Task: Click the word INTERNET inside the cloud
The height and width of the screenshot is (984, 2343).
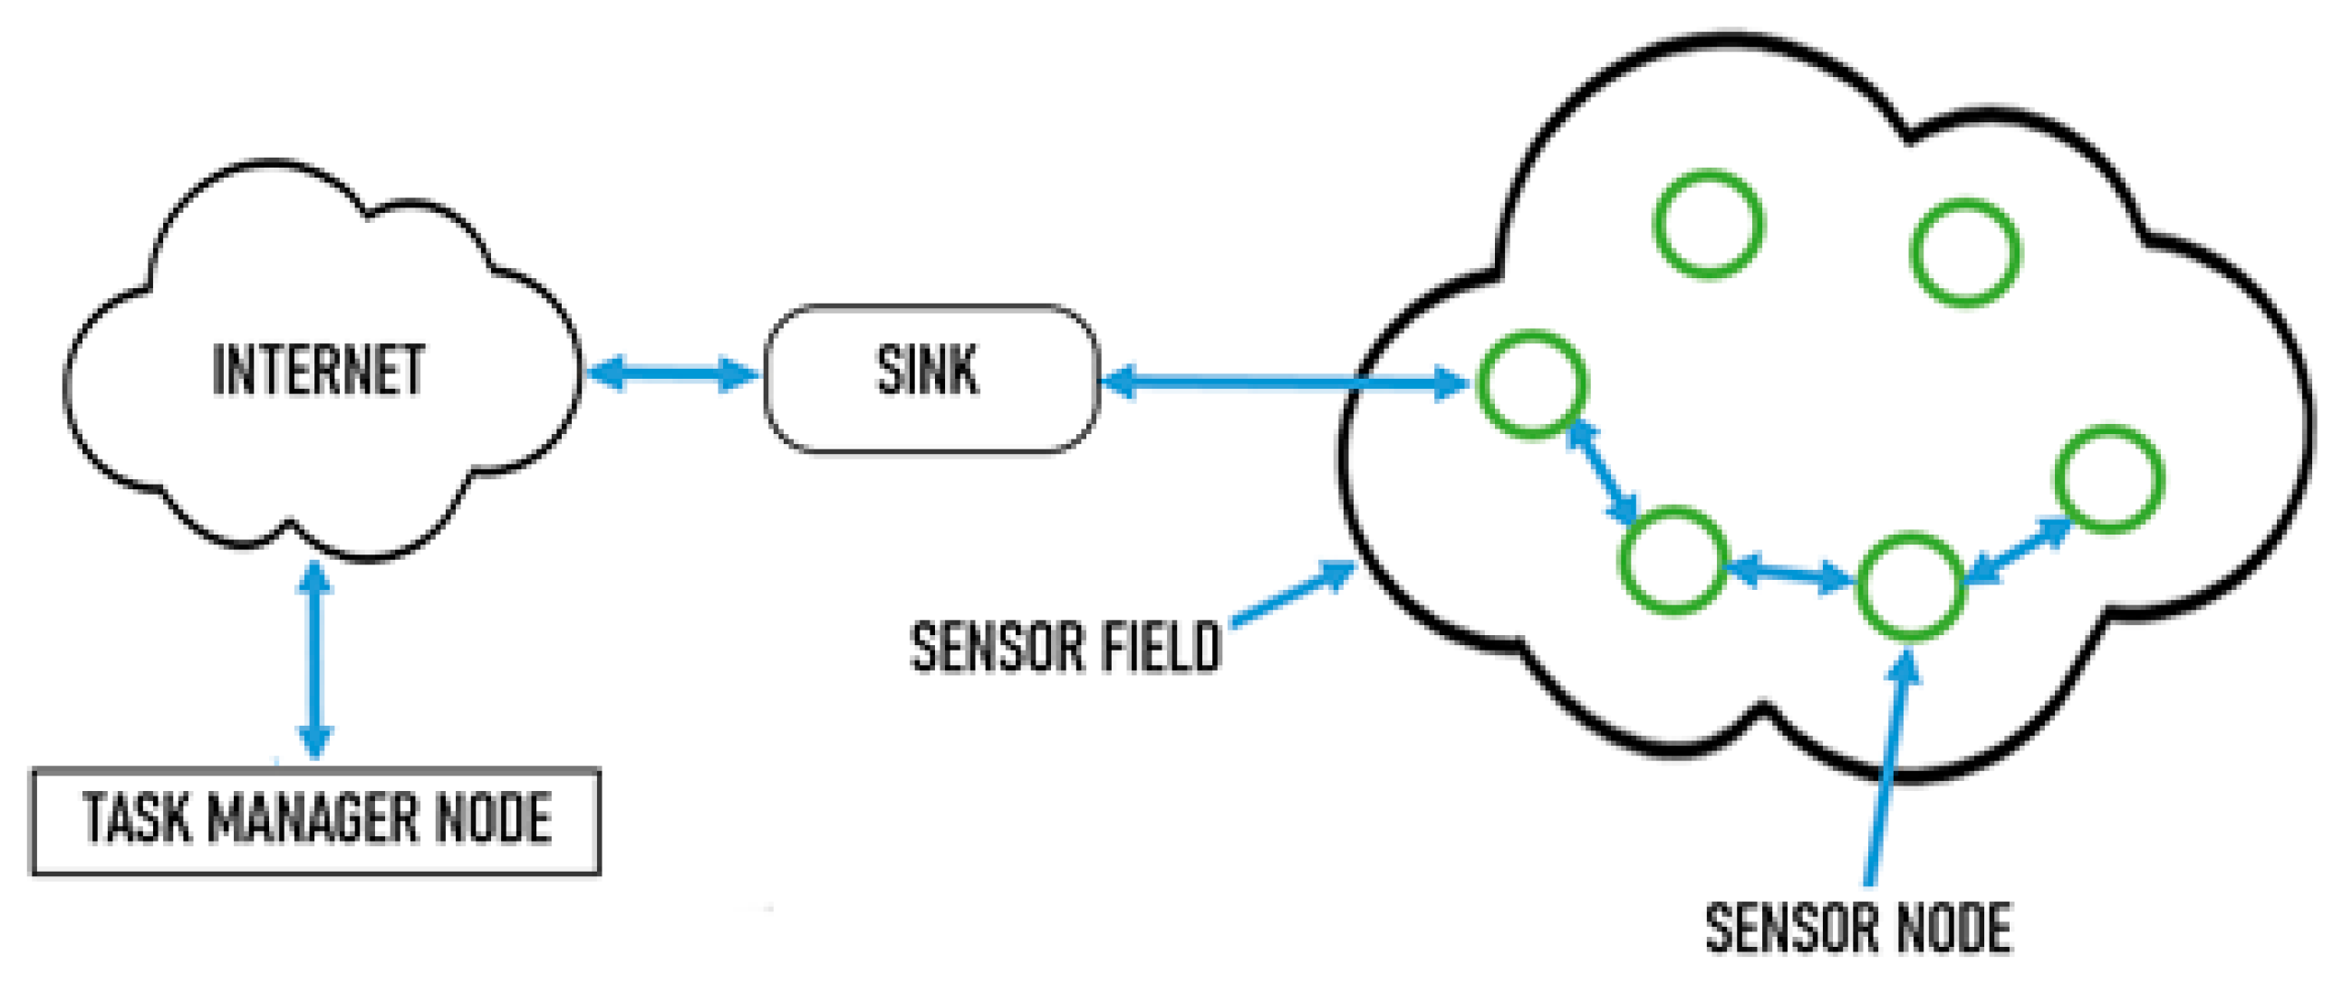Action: click(318, 371)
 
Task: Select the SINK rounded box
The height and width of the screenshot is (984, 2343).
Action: click(930, 379)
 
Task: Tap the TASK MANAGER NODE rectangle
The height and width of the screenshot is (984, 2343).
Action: click(315, 821)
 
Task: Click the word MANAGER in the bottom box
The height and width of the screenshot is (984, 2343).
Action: click(314, 818)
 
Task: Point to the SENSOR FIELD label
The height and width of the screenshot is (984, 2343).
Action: click(1065, 648)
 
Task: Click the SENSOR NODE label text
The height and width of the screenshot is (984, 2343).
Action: click(1858, 929)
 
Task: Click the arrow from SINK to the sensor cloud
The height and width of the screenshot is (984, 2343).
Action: click(1282, 382)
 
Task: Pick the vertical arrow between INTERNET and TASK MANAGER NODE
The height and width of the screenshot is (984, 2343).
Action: click(314, 660)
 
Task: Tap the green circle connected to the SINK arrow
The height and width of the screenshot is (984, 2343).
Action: click(1533, 385)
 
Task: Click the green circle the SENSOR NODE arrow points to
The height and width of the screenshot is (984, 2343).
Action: click(1910, 586)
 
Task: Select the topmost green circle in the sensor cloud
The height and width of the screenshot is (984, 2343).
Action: click(1708, 223)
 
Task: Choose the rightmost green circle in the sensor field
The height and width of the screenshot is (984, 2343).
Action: click(2108, 478)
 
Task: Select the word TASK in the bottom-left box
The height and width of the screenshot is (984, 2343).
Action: click(137, 818)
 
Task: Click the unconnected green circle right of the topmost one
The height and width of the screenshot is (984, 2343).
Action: click(1965, 252)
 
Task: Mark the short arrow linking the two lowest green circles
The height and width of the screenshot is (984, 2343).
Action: click(1789, 573)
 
